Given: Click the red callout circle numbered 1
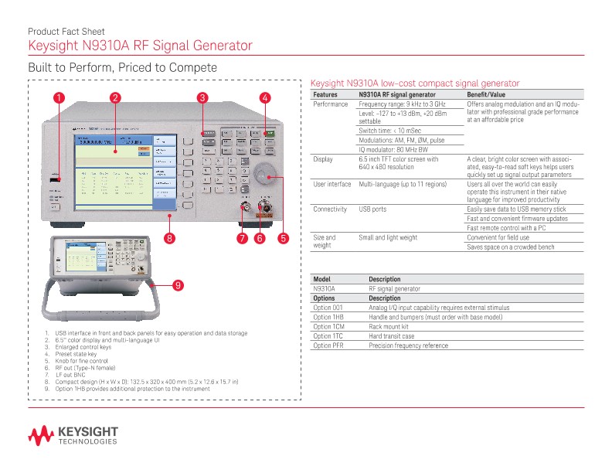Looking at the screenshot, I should click(x=59, y=97).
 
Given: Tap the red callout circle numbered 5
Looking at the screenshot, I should click(x=283, y=238).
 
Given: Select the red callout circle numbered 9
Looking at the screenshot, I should click(x=177, y=286).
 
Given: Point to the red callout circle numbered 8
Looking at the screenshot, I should click(x=169, y=238).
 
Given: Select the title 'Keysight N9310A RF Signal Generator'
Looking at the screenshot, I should click(x=140, y=46).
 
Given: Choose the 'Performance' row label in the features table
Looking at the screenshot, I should click(x=330, y=104).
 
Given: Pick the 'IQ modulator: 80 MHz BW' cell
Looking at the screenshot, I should click(x=398, y=149).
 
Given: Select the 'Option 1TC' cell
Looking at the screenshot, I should click(x=328, y=336).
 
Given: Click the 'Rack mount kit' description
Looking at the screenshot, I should click(x=388, y=327).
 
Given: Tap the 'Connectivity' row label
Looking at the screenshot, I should click(x=330, y=209).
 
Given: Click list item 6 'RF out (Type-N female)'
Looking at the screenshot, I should click(x=87, y=368).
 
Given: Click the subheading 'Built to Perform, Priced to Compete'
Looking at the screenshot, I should click(x=122, y=68).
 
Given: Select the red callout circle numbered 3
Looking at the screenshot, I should click(x=202, y=97).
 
